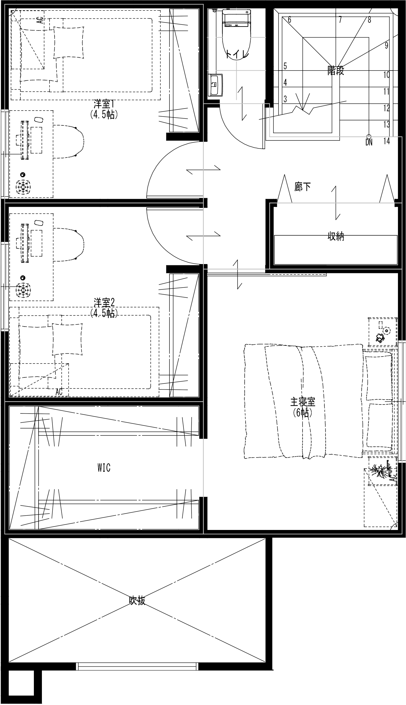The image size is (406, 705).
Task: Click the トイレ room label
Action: pyautogui.click(x=237, y=55)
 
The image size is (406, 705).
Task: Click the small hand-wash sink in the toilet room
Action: pyautogui.click(x=215, y=85)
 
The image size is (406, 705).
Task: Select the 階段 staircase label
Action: pyautogui.click(x=335, y=71)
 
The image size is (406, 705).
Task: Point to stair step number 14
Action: pyautogui.click(x=387, y=141)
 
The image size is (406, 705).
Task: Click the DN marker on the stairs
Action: pyautogui.click(x=369, y=143)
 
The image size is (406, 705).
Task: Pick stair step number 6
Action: pyautogui.click(x=289, y=20)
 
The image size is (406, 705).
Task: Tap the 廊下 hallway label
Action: pyautogui.click(x=302, y=187)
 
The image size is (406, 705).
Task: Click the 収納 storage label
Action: pyautogui.click(x=335, y=237)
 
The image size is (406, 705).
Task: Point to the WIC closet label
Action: pyautogui.click(x=104, y=468)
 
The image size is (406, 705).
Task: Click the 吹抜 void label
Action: pyautogui.click(x=137, y=601)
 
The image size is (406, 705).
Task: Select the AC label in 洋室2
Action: pyautogui.click(x=59, y=392)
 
